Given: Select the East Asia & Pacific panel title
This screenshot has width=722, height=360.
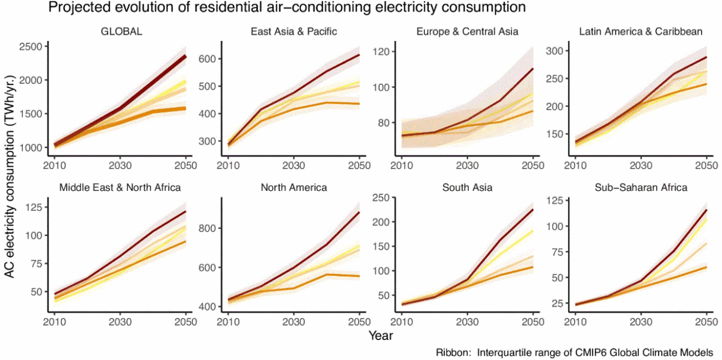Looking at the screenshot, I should pos(293,32).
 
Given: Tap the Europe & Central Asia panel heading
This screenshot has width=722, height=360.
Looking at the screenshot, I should pos(467,32).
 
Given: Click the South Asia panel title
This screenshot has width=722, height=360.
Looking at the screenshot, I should pos(467,187).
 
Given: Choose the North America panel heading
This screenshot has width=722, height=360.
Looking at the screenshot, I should pos(294,187).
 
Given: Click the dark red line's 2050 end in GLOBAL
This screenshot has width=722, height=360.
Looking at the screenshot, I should pos(185,56).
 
